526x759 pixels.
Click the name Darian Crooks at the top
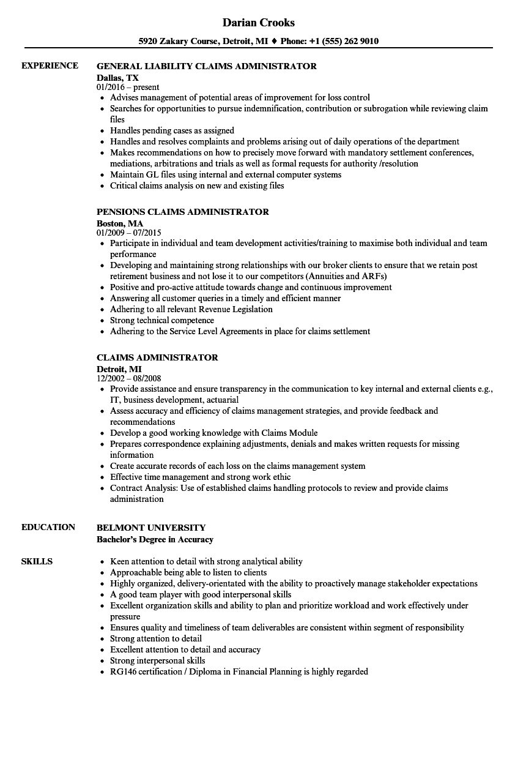[258, 23]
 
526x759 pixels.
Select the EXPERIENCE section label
[50, 65]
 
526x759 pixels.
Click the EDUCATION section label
[48, 527]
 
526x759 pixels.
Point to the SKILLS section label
[37, 561]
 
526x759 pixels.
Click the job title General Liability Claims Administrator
[207, 66]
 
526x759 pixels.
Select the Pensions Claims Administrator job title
[183, 212]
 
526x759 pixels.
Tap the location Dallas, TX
[117, 78]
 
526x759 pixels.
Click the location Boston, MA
[120, 223]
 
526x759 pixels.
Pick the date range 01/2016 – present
[128, 88]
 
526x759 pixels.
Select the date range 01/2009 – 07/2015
[128, 233]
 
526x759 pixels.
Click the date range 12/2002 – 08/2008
[128, 379]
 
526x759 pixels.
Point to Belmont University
[151, 528]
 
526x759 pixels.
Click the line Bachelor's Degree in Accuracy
[155, 539]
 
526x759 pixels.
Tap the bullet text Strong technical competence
[162, 320]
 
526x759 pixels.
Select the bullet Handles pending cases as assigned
[172, 130]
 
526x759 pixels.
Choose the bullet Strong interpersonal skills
[158, 660]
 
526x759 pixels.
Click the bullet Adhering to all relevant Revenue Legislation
[191, 309]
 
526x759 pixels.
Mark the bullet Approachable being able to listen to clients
[188, 572]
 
